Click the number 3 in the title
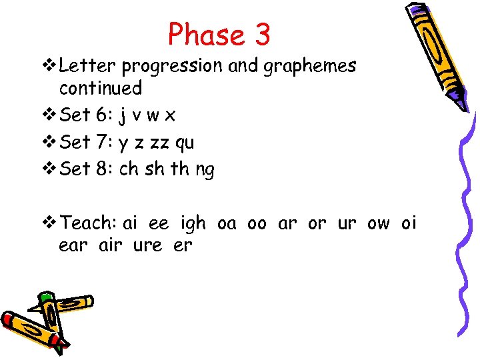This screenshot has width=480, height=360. point(261,34)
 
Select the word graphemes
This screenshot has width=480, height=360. point(311,67)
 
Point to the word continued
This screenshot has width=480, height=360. point(101,88)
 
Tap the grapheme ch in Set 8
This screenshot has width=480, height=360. point(129,169)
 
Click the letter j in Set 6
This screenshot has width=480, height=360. point(123,116)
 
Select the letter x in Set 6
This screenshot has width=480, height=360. point(170,116)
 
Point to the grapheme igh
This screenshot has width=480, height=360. point(193,224)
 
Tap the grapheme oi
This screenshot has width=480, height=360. point(408,223)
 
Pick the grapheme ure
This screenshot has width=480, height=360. point(147,245)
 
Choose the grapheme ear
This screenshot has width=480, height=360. point(73,245)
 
